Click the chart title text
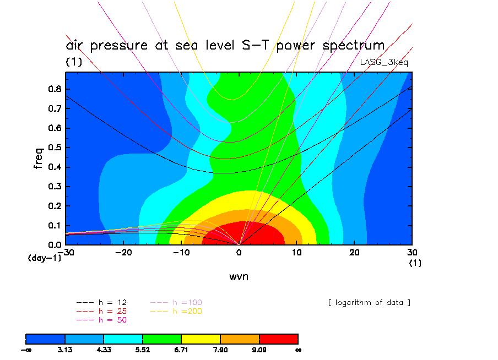click(x=225, y=45)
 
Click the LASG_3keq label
click(x=384, y=62)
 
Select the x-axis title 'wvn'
click(x=239, y=276)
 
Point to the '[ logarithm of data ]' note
click(x=369, y=303)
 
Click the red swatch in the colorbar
click(x=279, y=338)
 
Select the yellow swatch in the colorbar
click(x=201, y=338)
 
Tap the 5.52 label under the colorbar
click(x=143, y=349)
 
